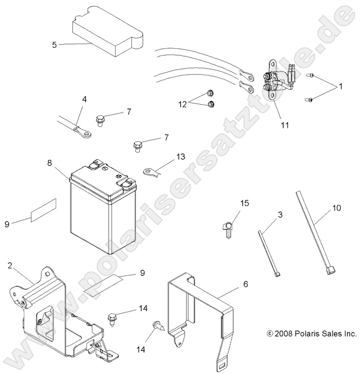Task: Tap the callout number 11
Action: (285, 125)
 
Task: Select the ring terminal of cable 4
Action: (86, 134)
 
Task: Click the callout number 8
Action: (49, 164)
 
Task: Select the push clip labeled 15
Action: (228, 226)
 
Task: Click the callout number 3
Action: (280, 214)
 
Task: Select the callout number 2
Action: (10, 266)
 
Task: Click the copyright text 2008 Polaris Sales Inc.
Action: (311, 333)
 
